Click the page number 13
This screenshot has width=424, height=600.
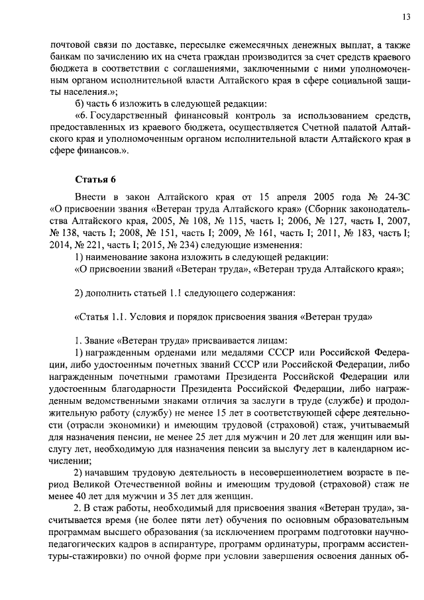(405, 17)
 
